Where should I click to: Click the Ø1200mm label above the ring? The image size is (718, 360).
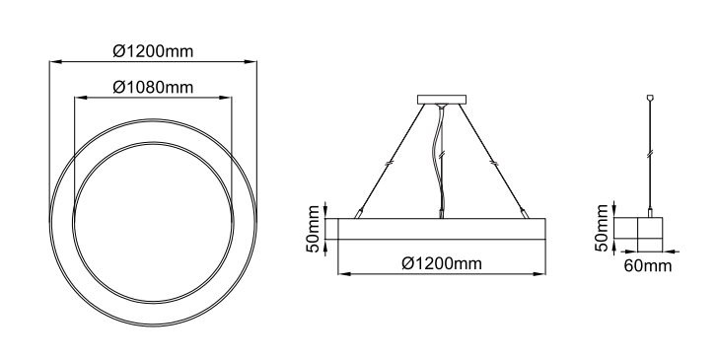pos(153,51)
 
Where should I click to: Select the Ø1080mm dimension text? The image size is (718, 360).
pos(153,87)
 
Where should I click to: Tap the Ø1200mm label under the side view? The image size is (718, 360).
pos(442,263)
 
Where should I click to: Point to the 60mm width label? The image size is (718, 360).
pos(647,265)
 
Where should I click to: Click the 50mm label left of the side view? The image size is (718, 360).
pos(313,229)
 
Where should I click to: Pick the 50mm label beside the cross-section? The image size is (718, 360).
pos(602,228)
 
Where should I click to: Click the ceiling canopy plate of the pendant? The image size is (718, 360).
pos(442,100)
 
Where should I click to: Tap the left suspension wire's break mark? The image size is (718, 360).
pos(390,162)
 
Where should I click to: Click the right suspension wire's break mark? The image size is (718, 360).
pos(493,162)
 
